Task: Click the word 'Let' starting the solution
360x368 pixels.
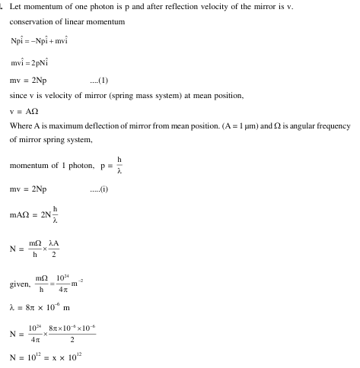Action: (16, 7)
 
